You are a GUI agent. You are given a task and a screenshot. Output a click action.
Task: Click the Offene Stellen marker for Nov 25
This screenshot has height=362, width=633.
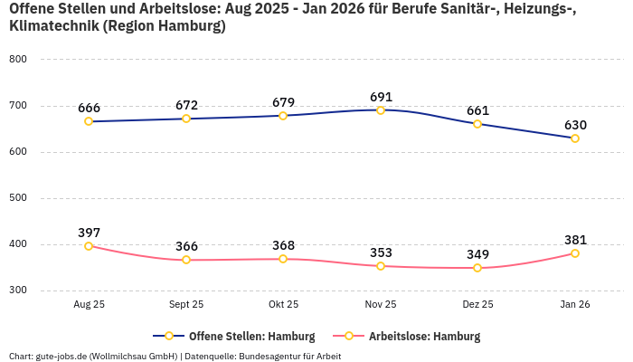tap(381, 110)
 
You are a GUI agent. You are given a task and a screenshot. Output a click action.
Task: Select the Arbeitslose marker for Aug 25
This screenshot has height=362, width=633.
tap(89, 246)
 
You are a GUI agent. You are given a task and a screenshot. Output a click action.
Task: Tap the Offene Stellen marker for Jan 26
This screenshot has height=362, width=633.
tap(575, 138)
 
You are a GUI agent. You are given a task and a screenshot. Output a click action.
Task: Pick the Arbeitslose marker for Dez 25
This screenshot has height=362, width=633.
tap(477, 268)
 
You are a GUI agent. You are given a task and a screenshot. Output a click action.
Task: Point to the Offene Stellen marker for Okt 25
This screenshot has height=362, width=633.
tap(283, 116)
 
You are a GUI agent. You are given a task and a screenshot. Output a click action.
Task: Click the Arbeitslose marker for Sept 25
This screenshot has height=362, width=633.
tap(186, 260)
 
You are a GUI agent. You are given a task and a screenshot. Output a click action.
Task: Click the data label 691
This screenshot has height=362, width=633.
tap(381, 96)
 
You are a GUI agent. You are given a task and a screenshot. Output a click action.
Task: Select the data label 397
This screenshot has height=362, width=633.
tap(89, 233)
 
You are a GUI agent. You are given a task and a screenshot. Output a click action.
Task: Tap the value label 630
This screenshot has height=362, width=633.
tap(575, 125)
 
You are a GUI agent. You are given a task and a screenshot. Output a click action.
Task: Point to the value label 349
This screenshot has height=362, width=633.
tap(477, 254)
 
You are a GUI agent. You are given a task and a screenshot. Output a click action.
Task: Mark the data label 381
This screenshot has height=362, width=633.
tap(575, 240)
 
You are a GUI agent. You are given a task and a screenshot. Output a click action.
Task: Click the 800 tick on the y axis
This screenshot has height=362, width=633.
tap(18, 60)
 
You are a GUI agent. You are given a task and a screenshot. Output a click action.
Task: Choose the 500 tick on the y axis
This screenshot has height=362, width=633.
tap(18, 198)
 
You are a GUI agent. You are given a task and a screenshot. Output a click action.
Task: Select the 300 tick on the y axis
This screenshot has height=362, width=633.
tap(18, 291)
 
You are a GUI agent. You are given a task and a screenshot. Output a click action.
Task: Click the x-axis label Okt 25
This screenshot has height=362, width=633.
tap(283, 305)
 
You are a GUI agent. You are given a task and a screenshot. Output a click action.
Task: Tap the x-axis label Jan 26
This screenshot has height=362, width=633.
tap(575, 305)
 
